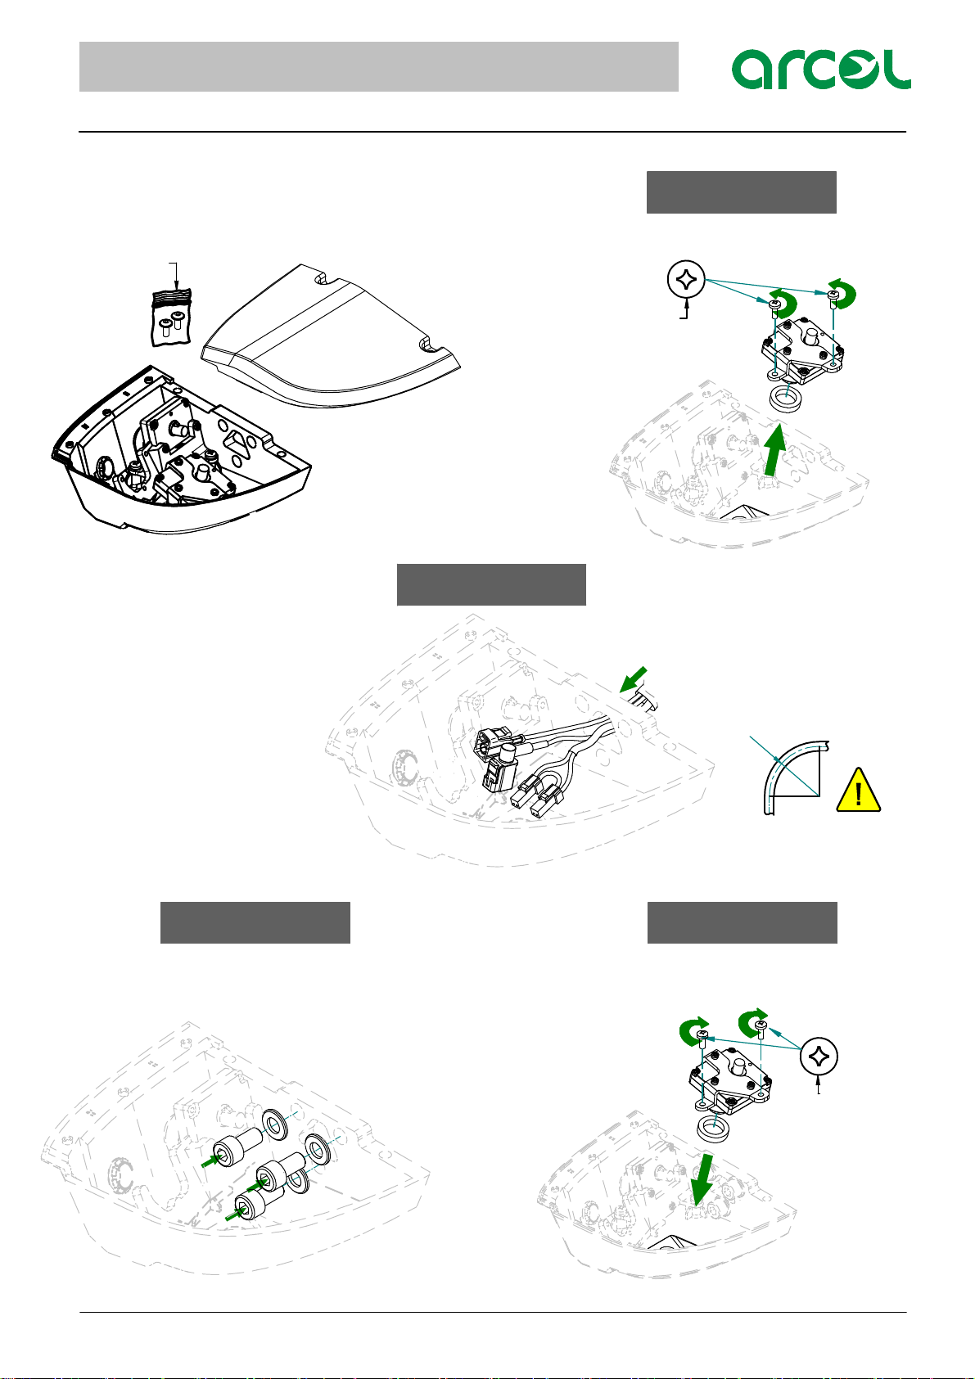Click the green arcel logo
pyautogui.click(x=820, y=70)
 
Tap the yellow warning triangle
pyautogui.click(x=858, y=790)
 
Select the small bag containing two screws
pyautogui.click(x=171, y=318)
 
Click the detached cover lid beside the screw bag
pyautogui.click(x=332, y=336)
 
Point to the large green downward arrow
pyautogui.click(x=702, y=1179)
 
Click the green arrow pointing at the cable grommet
pyautogui.click(x=633, y=679)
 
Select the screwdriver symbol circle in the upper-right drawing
pyautogui.click(x=686, y=280)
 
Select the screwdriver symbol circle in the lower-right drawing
pyautogui.click(x=819, y=1057)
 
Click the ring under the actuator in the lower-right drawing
pyautogui.click(x=713, y=1128)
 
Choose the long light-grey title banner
pyautogui.click(x=379, y=66)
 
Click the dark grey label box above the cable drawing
pyautogui.click(x=491, y=584)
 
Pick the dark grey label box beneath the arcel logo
pyautogui.click(x=741, y=192)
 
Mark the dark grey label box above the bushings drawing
pyautogui.click(x=255, y=922)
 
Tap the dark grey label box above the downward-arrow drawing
pyautogui.click(x=742, y=922)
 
